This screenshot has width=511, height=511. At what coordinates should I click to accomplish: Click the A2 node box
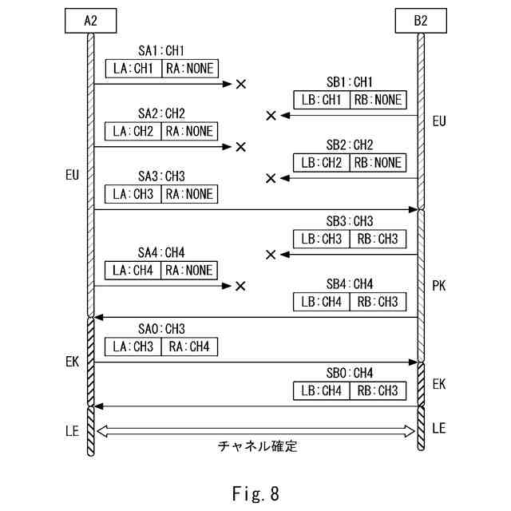point(90,21)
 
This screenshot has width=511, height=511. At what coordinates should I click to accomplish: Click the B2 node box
point(421,21)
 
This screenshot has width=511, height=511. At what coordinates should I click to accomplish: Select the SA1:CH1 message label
point(161,50)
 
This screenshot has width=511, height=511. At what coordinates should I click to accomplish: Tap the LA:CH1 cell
point(133,68)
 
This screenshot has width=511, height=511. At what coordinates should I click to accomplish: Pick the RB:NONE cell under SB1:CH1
point(377,100)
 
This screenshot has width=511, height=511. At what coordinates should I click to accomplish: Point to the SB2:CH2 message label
point(349,145)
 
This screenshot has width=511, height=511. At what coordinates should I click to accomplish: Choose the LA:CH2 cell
point(133,131)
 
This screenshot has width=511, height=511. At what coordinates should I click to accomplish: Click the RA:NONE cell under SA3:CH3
point(189,194)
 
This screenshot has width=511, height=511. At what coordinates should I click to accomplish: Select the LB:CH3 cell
point(321,239)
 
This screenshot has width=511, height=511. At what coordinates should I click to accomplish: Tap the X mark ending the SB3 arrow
point(271,255)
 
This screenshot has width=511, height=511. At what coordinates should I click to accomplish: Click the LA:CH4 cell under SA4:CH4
point(133,270)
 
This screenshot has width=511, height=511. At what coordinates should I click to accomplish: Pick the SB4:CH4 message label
point(349,283)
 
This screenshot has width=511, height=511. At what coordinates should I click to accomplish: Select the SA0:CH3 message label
point(161,328)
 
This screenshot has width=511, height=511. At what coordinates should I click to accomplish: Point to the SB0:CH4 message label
point(349,373)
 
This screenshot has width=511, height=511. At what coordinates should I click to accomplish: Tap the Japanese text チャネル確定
point(258,446)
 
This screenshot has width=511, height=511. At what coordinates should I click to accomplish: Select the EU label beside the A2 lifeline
point(73,176)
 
